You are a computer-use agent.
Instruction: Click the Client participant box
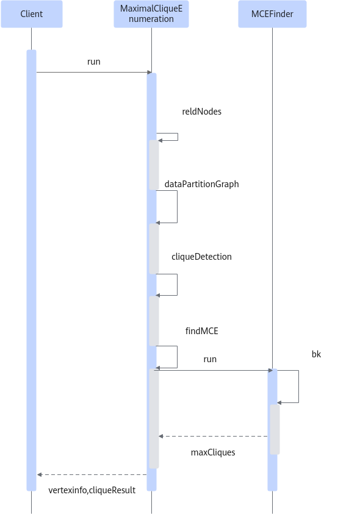(x=32, y=14)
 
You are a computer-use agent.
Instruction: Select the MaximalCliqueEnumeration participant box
(x=151, y=14)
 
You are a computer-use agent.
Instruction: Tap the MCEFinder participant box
(x=272, y=14)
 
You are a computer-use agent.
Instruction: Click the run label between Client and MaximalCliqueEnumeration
(x=94, y=62)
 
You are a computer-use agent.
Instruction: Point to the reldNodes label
(x=201, y=112)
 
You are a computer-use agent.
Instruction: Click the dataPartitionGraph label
(x=201, y=184)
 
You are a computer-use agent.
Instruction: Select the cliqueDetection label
(x=201, y=257)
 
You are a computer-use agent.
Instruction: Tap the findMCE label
(x=201, y=330)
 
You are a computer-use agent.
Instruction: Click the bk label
(x=316, y=354)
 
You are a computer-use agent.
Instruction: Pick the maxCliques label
(x=213, y=452)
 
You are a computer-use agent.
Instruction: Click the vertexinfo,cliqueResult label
(x=92, y=490)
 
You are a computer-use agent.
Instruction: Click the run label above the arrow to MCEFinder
(x=210, y=359)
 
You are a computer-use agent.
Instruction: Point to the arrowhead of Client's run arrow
(x=150, y=72)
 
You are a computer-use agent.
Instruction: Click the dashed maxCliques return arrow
(x=213, y=437)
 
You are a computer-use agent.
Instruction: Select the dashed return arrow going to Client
(x=92, y=474)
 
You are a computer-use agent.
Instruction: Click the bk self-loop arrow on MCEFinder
(x=298, y=387)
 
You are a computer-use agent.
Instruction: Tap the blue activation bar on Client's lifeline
(x=32, y=271)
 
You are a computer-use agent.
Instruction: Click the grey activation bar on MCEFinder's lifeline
(x=275, y=429)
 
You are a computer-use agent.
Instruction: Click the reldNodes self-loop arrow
(x=178, y=137)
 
